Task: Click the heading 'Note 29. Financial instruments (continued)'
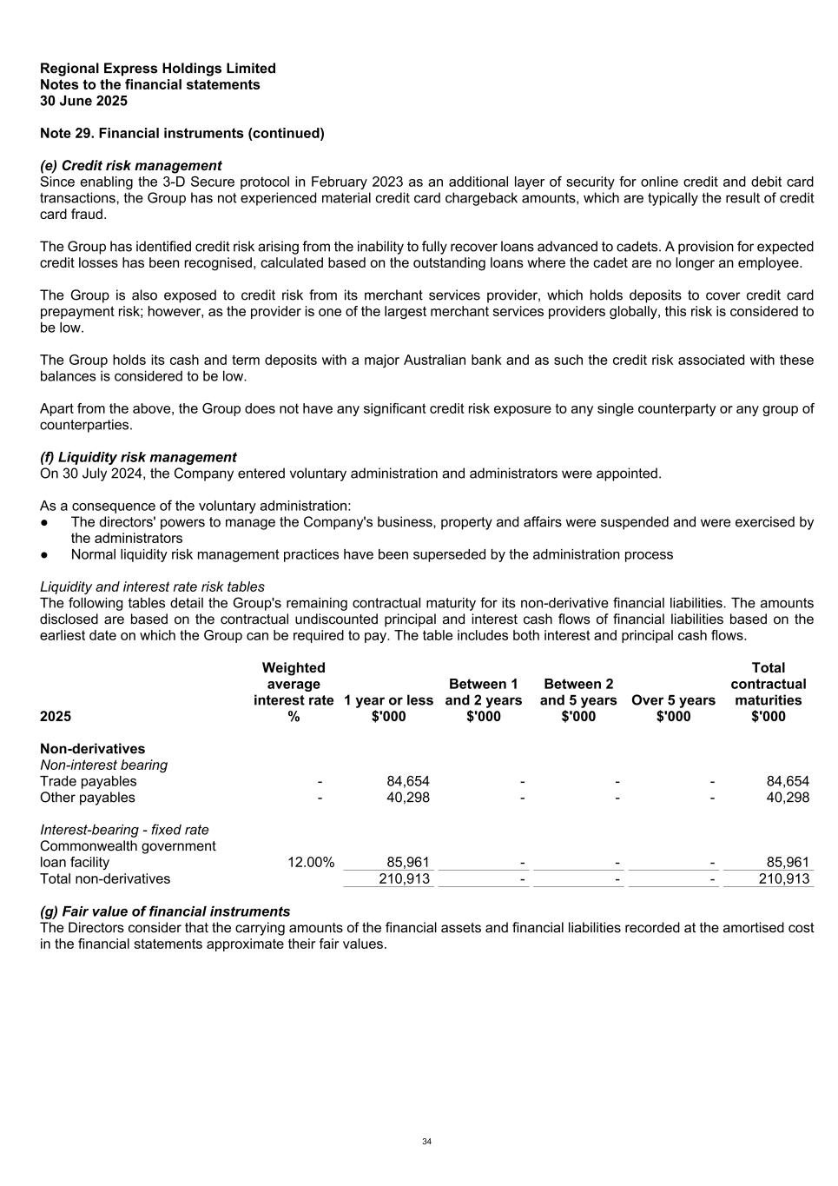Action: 182,133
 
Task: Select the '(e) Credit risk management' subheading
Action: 130,165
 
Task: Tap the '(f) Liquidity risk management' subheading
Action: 138,457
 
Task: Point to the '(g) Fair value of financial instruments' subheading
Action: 165,911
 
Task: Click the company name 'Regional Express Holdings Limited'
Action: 158,69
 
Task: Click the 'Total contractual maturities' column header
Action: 768,692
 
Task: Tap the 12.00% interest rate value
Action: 311,863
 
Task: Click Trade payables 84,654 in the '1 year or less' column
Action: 407,781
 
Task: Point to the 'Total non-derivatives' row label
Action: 105,878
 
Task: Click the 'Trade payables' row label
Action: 88,781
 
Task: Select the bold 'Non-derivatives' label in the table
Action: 92,749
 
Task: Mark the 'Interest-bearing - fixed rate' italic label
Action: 124,830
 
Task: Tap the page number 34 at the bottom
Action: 426,1142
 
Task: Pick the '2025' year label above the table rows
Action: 56,717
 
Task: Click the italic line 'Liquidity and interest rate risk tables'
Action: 152,586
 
